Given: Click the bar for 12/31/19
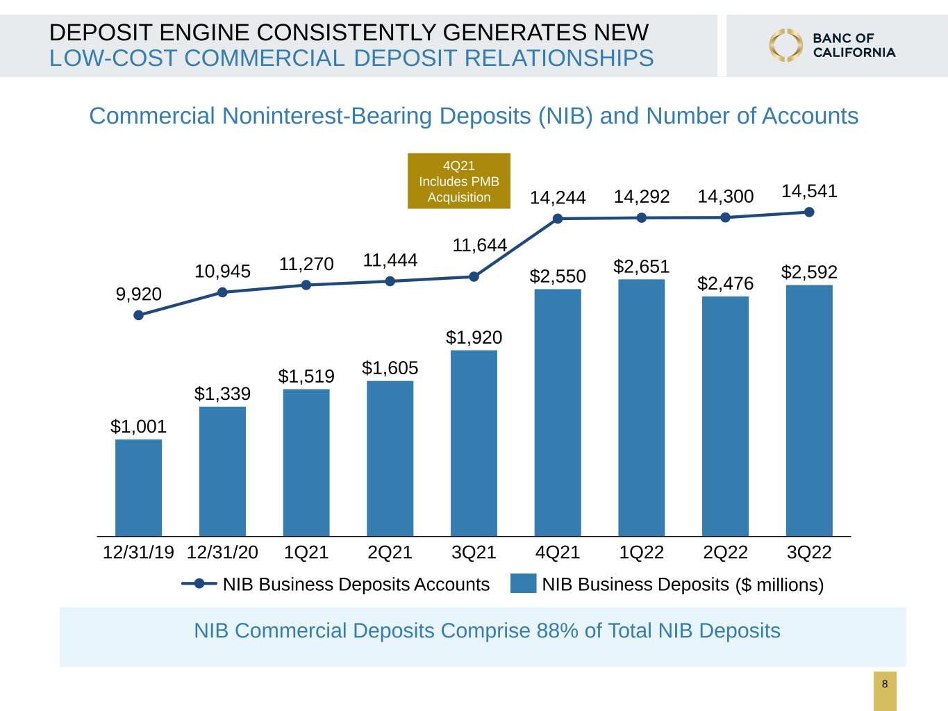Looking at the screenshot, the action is pos(138,488).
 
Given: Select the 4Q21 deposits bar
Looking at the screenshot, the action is pos(558,412).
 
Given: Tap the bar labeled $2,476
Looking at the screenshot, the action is pos(725,416).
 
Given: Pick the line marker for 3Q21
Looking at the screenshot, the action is pos(474,277).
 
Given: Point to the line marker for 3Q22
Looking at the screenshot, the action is pos(809,212).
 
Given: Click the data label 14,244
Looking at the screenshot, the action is pos(558,198).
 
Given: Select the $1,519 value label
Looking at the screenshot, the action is pos(306,376).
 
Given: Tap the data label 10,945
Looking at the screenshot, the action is pos(222,271).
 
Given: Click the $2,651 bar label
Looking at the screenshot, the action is pos(641,267).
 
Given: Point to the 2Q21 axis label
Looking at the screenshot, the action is pos(390,552).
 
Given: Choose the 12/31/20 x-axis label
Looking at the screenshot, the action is pos(222,552).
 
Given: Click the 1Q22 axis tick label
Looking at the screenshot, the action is pos(641,552).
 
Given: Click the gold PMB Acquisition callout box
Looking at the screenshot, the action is pos(459,181).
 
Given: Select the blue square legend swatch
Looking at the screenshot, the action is pos(524,583).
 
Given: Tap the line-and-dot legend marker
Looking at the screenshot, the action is pos(199,584).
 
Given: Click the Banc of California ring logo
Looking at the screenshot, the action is pos(786,45).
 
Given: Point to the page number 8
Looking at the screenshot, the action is pos(885,684).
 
